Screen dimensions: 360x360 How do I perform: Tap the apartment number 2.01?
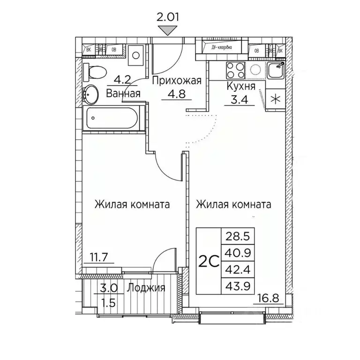[168, 18]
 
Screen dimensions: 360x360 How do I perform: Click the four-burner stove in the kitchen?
[235, 70]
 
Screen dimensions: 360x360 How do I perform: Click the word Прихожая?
[176, 81]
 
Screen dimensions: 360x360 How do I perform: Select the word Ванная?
[123, 93]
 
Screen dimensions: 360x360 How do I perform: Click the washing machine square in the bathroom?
[135, 55]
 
